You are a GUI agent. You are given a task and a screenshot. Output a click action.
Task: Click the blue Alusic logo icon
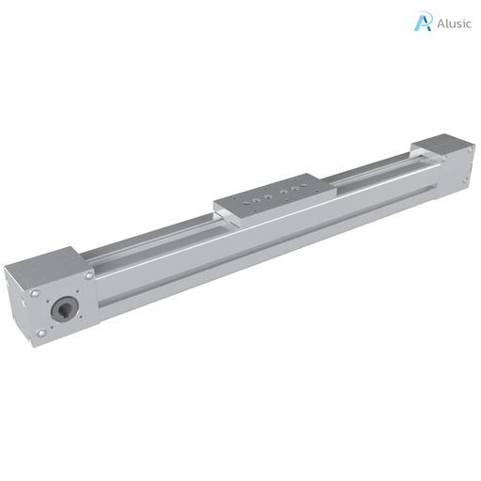point(423,22)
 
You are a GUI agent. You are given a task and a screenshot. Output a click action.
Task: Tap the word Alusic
point(454,23)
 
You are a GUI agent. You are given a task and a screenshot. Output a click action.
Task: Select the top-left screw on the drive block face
point(35,293)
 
